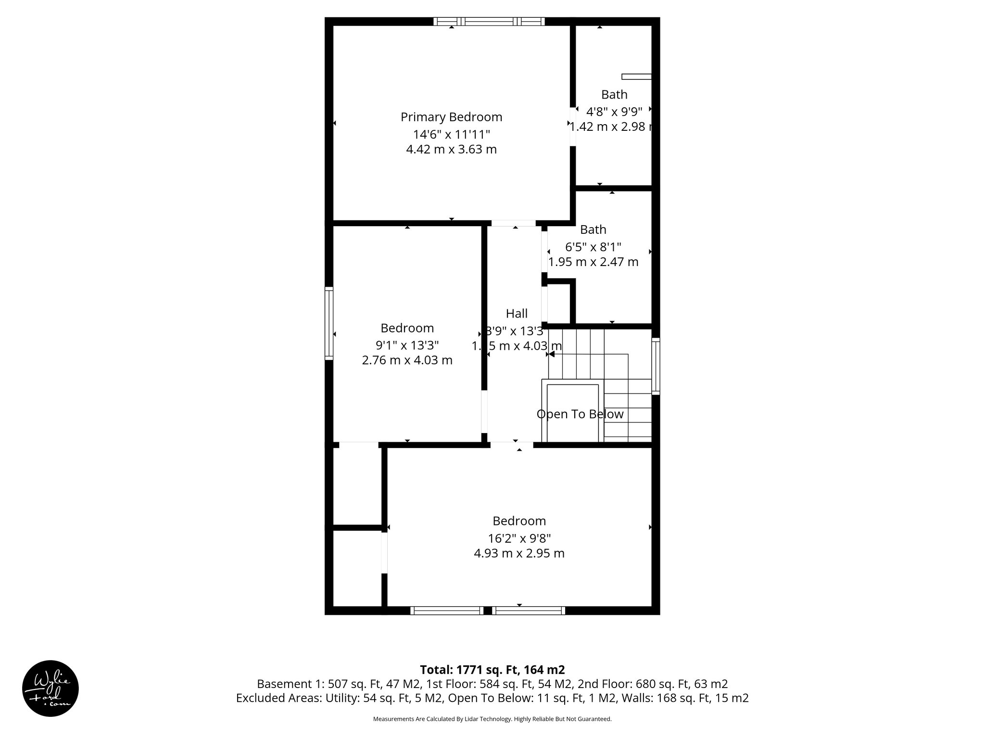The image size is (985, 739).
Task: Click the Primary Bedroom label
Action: point(451,117)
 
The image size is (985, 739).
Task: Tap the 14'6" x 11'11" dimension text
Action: point(451,134)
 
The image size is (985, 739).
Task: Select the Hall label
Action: point(517,314)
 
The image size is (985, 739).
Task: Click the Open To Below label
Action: point(580,414)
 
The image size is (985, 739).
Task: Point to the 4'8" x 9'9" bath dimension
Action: point(614,112)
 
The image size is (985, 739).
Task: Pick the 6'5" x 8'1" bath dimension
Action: point(593,247)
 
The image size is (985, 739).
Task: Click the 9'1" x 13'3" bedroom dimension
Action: point(407,345)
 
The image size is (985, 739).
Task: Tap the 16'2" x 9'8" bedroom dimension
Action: point(519,538)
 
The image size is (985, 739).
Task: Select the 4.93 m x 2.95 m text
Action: point(519,553)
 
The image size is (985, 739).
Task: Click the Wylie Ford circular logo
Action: point(51,688)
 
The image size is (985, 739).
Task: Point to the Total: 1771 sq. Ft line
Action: point(492,670)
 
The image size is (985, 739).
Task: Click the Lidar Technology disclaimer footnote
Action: point(492,719)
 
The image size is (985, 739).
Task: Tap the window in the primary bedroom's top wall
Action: point(489,21)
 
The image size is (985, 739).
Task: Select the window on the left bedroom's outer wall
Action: point(329,323)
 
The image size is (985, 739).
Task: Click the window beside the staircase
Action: point(656,366)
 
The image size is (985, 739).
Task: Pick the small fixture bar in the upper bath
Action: point(636,76)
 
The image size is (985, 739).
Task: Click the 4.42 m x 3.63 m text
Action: point(451,149)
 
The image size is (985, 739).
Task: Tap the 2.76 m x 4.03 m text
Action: point(407,360)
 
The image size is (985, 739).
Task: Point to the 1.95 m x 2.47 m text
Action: point(593,262)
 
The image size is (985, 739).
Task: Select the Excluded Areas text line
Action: point(492,698)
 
